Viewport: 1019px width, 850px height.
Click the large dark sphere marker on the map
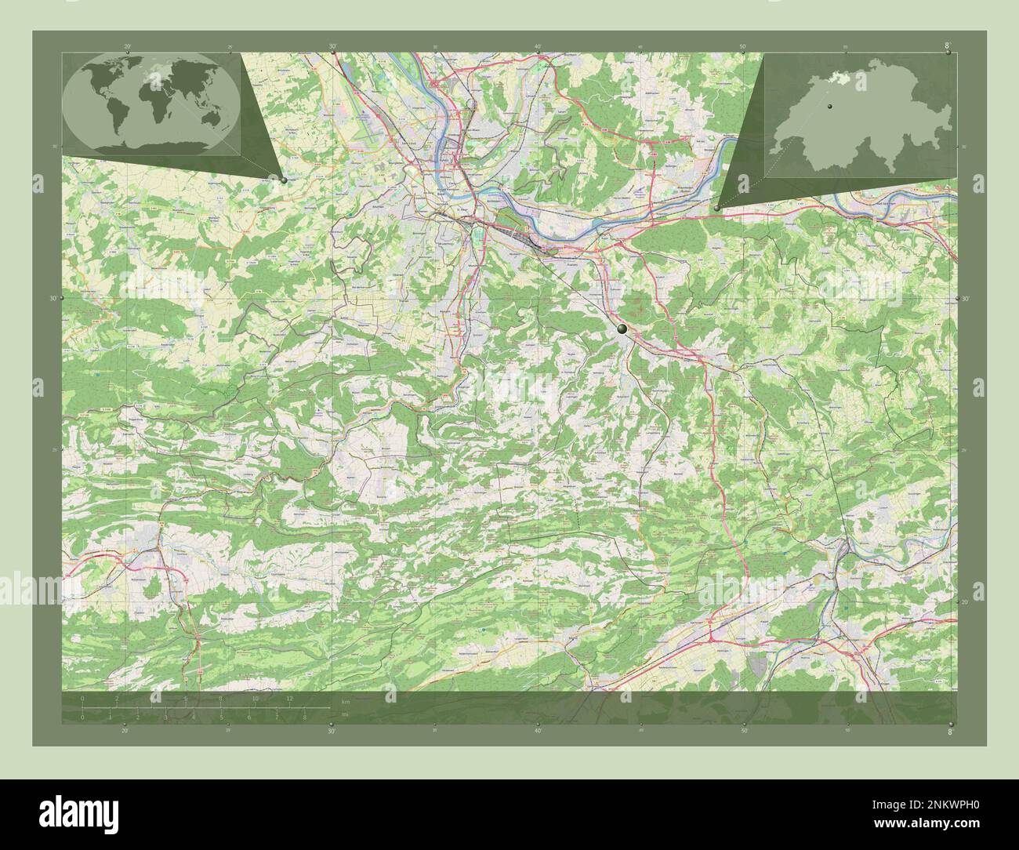[x=622, y=330]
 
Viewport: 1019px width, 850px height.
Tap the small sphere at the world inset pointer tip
[x=284, y=180]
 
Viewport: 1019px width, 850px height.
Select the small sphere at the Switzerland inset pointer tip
[x=717, y=207]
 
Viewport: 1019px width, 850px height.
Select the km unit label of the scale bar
[x=345, y=700]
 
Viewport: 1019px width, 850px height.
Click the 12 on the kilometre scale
[x=289, y=698]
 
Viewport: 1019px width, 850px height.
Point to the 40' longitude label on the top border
[x=537, y=47]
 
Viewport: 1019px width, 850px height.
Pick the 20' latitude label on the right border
[x=966, y=601]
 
